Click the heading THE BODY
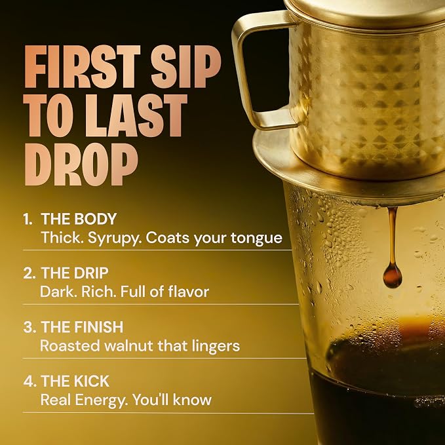[79, 219]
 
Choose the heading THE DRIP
[75, 273]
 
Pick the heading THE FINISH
[83, 327]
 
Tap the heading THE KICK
[75, 381]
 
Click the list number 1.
[28, 219]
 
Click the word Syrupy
[115, 239]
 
